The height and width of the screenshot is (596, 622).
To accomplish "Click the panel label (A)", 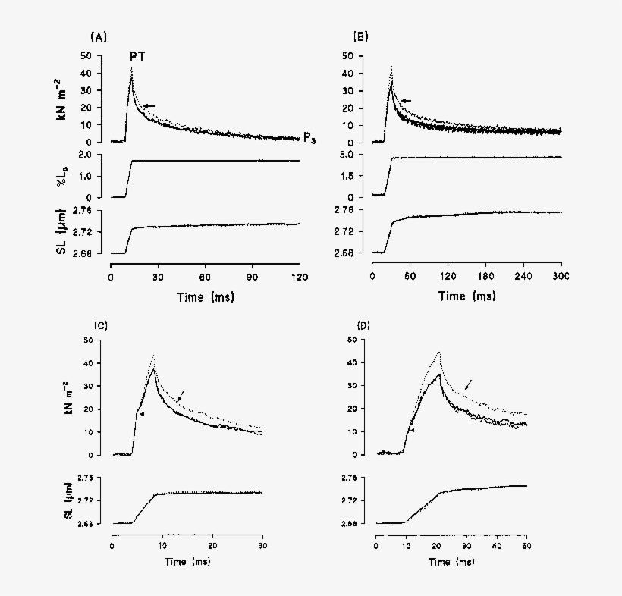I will click(97, 36).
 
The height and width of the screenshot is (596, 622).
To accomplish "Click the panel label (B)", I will click(361, 36).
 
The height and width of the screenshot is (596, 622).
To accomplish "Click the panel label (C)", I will click(100, 325).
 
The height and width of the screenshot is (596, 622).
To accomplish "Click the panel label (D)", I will click(363, 325).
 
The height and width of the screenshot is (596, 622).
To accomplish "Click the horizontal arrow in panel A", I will click(149, 106).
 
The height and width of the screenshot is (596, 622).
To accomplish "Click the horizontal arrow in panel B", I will click(406, 101).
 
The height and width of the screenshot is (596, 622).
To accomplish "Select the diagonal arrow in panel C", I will click(180, 396).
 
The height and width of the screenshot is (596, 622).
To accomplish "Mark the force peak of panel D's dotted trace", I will click(438, 352).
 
